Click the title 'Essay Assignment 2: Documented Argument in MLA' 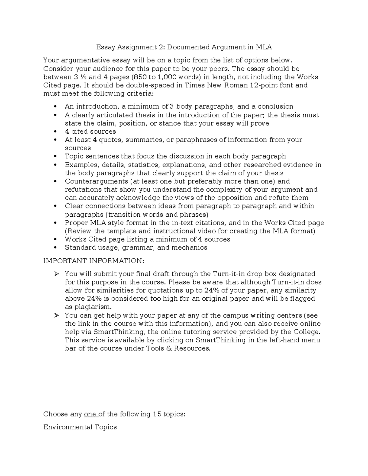point(184,47)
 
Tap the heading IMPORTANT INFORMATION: point(94,261)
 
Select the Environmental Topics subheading point(80,427)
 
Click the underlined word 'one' point(90,414)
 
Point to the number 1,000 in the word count point(166,77)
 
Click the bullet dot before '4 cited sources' point(55,132)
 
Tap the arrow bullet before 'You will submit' point(56,274)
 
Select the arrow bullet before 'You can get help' point(56,315)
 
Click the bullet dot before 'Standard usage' point(55,248)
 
